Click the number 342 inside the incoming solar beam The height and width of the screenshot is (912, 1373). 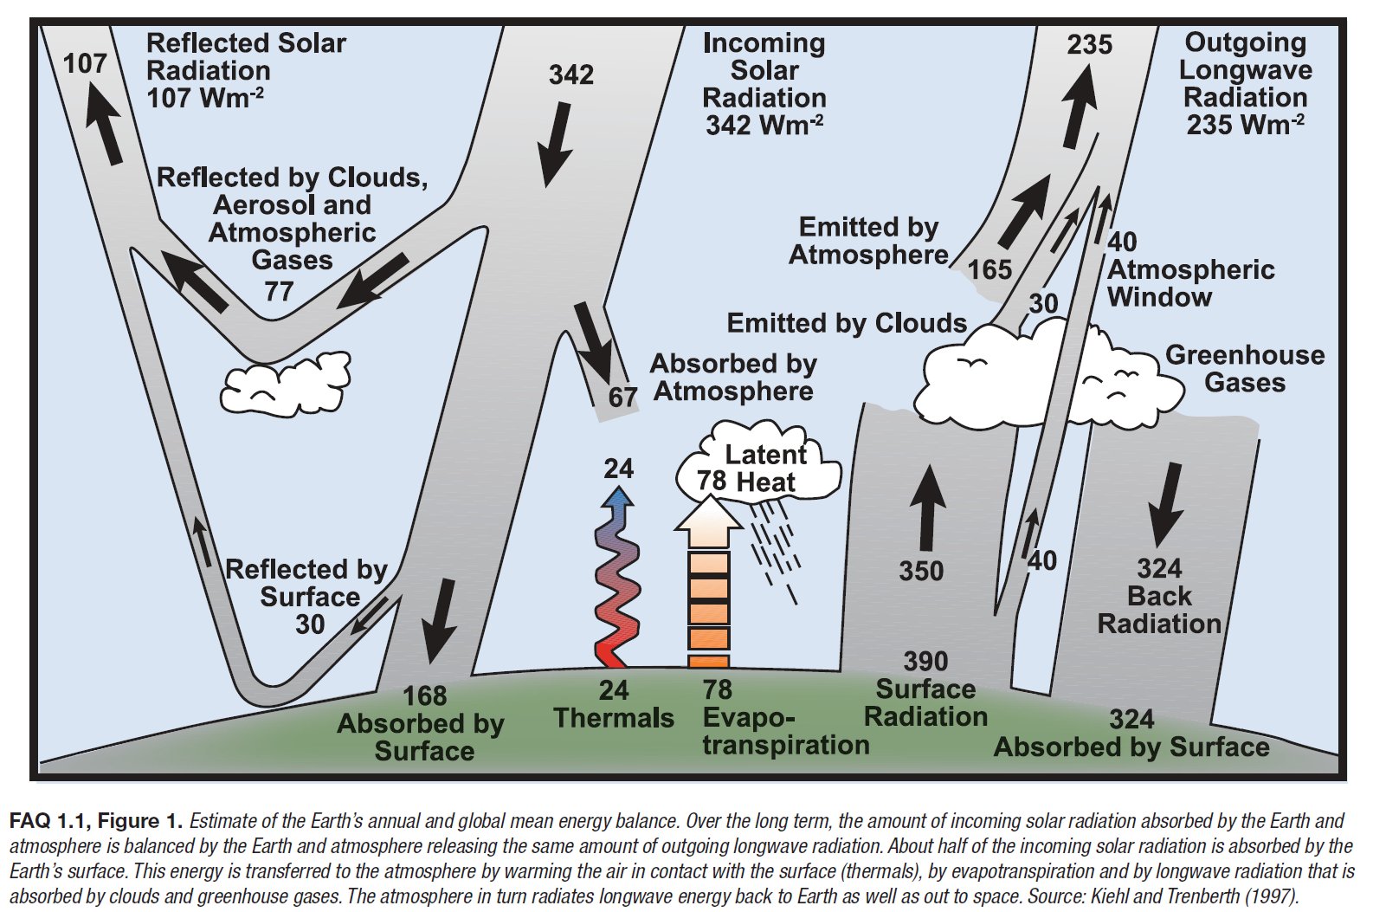(x=570, y=74)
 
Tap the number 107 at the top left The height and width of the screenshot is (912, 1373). (x=85, y=63)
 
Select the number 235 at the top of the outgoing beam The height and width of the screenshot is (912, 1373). (x=1089, y=45)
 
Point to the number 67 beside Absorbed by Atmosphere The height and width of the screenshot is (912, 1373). (x=622, y=398)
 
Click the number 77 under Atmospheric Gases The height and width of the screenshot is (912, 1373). (x=279, y=291)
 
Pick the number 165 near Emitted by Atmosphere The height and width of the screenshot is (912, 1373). (x=989, y=270)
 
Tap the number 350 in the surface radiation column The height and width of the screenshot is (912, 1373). (x=920, y=571)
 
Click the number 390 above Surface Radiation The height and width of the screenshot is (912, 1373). (x=925, y=661)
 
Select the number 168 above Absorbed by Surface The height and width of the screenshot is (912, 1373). (x=424, y=695)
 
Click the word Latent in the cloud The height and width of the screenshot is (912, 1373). (x=765, y=455)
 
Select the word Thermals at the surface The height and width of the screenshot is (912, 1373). (x=614, y=718)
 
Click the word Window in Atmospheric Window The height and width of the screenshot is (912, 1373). (x=1159, y=297)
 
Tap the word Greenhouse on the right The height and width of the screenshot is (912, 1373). (x=1244, y=355)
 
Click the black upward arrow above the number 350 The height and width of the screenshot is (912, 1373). (x=928, y=508)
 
